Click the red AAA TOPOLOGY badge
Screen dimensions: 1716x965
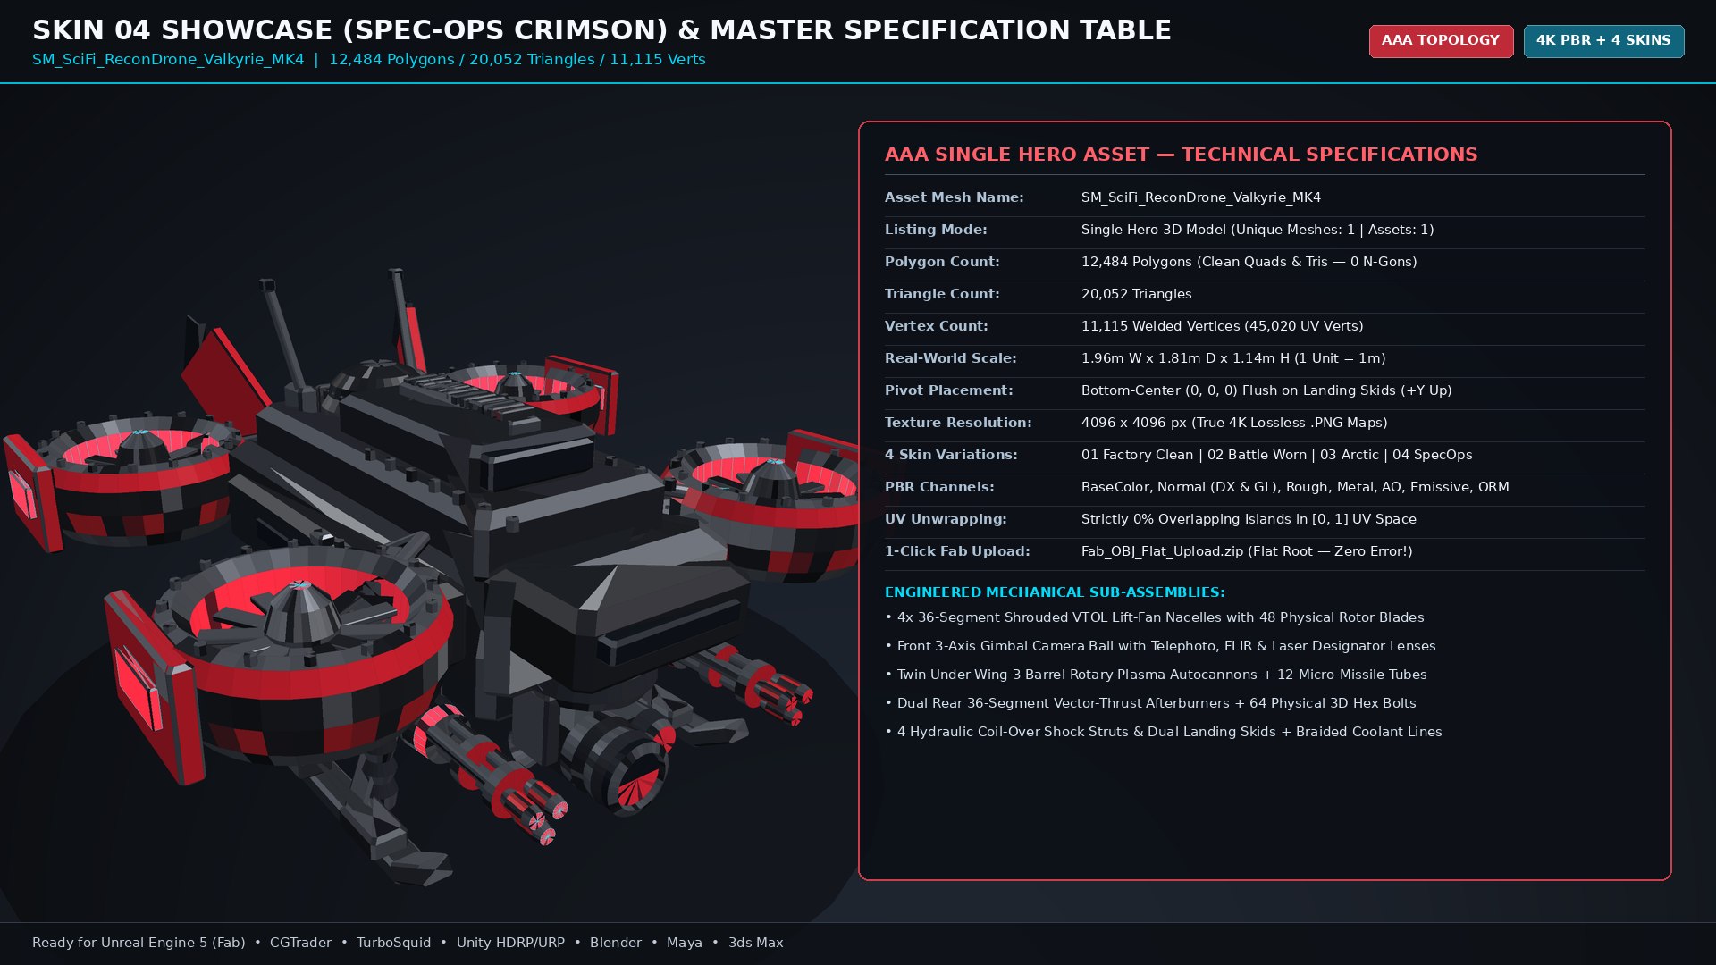pyautogui.click(x=1441, y=41)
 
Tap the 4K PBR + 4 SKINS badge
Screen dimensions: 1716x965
pyautogui.click(x=1603, y=41)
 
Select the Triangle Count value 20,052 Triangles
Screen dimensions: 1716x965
pyautogui.click(x=1136, y=294)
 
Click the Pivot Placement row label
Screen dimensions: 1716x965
pyautogui.click(x=948, y=390)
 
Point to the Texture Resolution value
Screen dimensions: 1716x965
pyautogui.click(x=1234, y=423)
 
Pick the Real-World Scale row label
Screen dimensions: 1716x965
pyautogui.click(x=950, y=358)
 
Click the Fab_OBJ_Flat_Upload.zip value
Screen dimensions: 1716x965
pyautogui.click(x=1247, y=551)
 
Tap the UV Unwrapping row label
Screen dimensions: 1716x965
pyautogui.click(x=946, y=519)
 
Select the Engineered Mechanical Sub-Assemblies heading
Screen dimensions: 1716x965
pyautogui.click(x=1055, y=592)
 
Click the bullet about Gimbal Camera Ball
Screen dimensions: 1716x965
pyautogui.click(x=1160, y=646)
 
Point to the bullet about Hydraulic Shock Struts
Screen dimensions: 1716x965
pyautogui.click(x=1164, y=732)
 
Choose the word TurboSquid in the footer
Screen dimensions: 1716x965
pyautogui.click(x=393, y=943)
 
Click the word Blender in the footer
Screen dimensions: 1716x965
pyautogui.click(x=616, y=943)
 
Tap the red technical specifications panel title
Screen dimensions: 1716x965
pyautogui.click(x=1181, y=155)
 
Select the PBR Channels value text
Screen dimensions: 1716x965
pyautogui.click(x=1295, y=487)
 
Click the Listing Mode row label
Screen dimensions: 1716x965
pyautogui.click(x=936, y=230)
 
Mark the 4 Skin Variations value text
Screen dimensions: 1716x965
pyautogui.click(x=1276, y=455)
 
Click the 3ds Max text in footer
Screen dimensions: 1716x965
pyautogui.click(x=755, y=943)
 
